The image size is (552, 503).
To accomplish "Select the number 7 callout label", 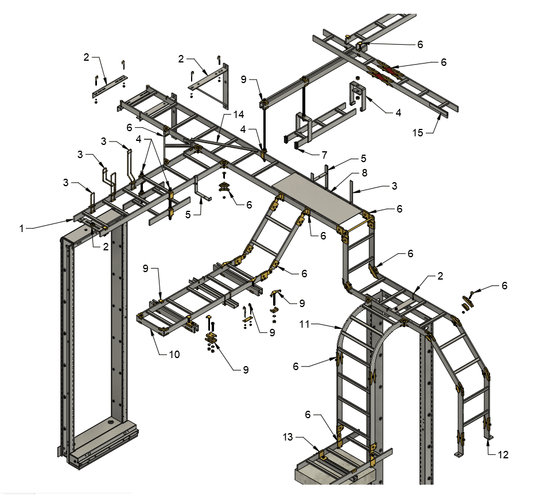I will pyautogui.click(x=324, y=155).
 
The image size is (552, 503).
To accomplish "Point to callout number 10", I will pyautogui.click(x=174, y=355).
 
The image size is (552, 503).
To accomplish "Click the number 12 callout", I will pyautogui.click(x=503, y=455).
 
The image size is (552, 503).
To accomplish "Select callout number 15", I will pyautogui.click(x=418, y=133).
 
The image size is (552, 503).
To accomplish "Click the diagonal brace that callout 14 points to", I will pyautogui.click(x=221, y=137).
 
